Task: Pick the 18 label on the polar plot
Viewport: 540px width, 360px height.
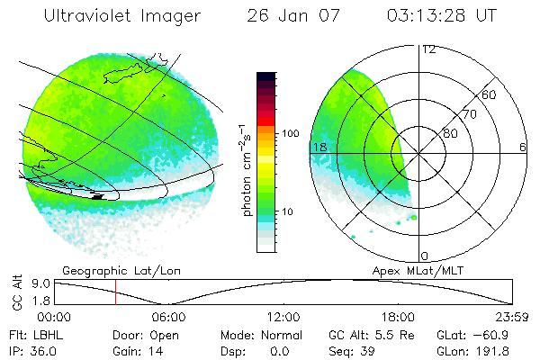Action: pos(318,147)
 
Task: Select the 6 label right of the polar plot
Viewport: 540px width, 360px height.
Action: pos(523,147)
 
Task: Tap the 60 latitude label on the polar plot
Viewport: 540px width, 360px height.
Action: pos(490,94)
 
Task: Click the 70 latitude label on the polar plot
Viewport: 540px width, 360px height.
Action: pos(469,114)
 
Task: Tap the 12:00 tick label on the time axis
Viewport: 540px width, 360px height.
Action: pos(283,317)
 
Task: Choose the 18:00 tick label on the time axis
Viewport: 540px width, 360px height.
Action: pos(398,317)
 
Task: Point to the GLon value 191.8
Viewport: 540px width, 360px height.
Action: pos(497,349)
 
